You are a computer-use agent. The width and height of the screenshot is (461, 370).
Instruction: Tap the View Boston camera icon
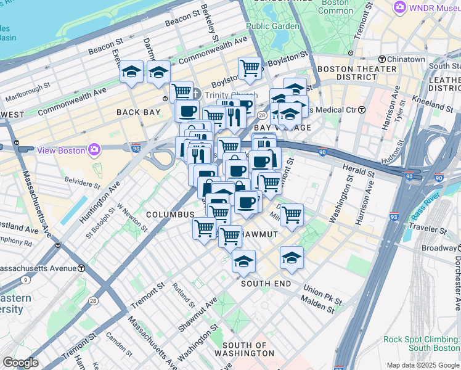(x=94, y=149)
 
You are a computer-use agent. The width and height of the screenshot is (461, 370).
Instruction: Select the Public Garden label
(x=272, y=27)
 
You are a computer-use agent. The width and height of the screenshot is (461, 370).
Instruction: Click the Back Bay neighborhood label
(x=139, y=112)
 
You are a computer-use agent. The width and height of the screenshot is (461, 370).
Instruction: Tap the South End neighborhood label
(x=266, y=283)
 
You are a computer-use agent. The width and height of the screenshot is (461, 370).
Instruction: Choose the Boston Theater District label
(x=348, y=73)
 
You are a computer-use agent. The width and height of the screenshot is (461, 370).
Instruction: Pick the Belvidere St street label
(x=82, y=182)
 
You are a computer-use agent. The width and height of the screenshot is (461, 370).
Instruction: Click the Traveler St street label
(x=429, y=228)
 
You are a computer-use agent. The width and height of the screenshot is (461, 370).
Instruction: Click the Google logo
(x=20, y=363)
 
